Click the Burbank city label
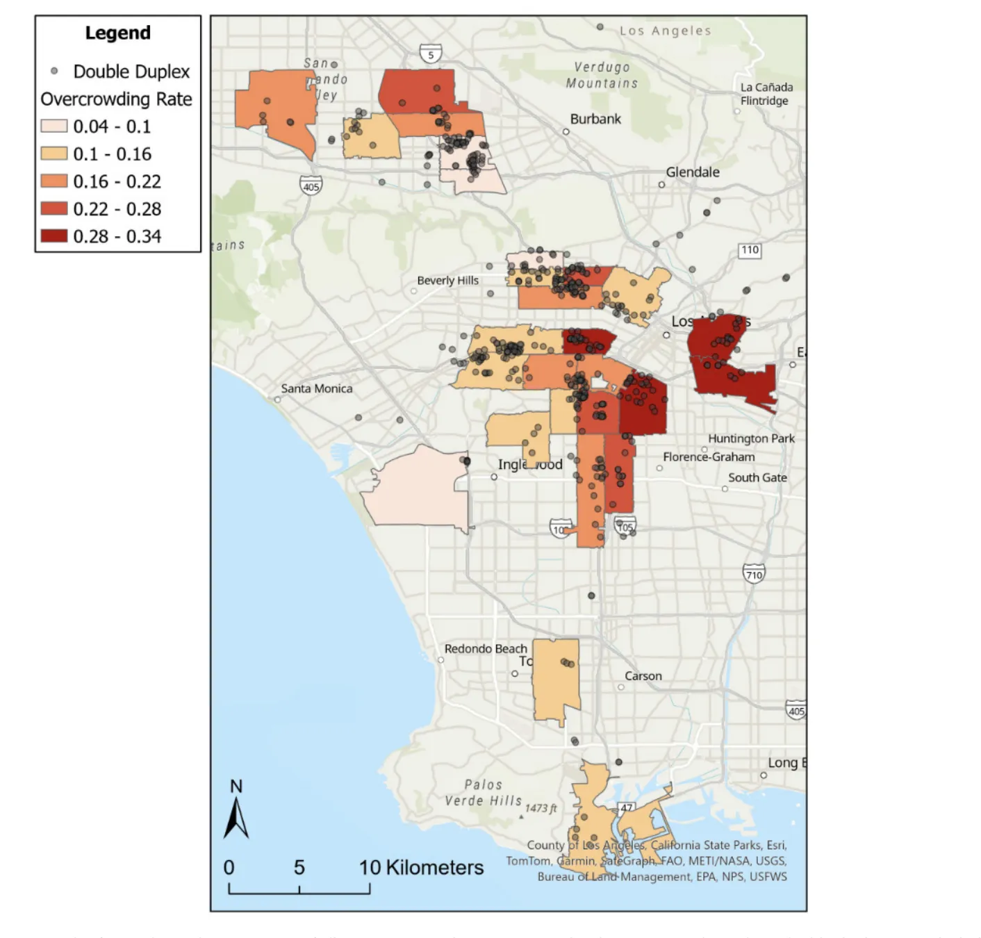(x=595, y=119)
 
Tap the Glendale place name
(x=692, y=172)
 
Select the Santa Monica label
(x=316, y=388)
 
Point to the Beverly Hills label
(x=447, y=281)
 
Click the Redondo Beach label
(x=486, y=648)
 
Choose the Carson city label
(x=643, y=676)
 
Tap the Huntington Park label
(x=751, y=438)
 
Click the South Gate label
(x=757, y=477)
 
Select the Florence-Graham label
(x=708, y=456)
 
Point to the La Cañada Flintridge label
(x=766, y=94)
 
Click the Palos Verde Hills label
(x=483, y=793)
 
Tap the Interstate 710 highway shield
(x=754, y=573)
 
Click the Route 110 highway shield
(x=750, y=250)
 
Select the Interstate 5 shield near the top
(x=431, y=54)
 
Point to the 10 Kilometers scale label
(x=421, y=867)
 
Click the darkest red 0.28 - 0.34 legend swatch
(x=53, y=236)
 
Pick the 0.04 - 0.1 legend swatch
(x=53, y=126)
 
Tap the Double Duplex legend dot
(x=54, y=72)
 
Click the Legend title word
(x=117, y=33)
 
